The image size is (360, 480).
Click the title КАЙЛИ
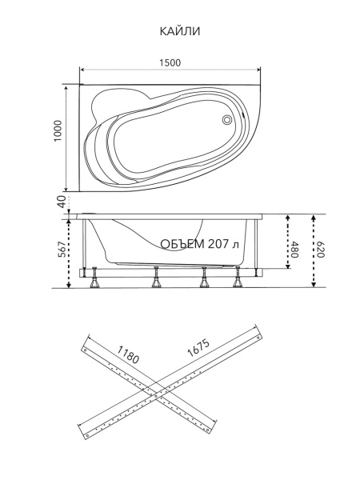pos(180,31)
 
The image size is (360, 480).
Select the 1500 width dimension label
pos(170,62)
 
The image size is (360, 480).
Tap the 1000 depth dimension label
pos(58,130)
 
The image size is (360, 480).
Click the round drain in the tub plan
pos(227,120)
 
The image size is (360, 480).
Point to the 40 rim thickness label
pos(62,202)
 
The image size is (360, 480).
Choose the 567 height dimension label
pos(62,249)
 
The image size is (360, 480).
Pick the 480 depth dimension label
pos(294,250)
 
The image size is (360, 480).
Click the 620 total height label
pos(319,250)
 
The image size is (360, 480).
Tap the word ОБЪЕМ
pos(182,244)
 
